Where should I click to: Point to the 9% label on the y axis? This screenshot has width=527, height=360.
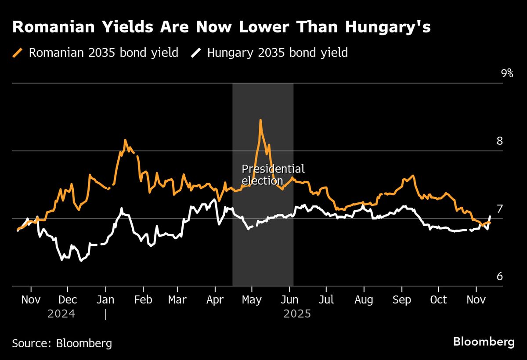click(507, 73)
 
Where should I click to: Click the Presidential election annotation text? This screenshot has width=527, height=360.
click(273, 174)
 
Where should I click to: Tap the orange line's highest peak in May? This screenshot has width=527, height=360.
click(260, 120)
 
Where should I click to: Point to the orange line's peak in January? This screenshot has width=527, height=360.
click(125, 140)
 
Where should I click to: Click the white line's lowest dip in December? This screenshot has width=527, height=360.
click(81, 261)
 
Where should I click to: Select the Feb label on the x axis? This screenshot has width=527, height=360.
click(143, 300)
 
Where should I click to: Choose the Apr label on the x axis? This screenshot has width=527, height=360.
click(215, 300)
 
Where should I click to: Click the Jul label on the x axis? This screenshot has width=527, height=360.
click(326, 300)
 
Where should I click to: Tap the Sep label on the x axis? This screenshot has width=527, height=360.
click(401, 300)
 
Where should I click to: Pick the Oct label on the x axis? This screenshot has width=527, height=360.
click(438, 300)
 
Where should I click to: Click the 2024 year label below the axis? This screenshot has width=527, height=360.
click(61, 314)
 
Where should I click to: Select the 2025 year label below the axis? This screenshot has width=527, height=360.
click(297, 314)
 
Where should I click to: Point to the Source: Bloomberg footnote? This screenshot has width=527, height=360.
click(62, 343)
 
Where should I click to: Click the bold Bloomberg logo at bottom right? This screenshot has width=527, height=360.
click(484, 342)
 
